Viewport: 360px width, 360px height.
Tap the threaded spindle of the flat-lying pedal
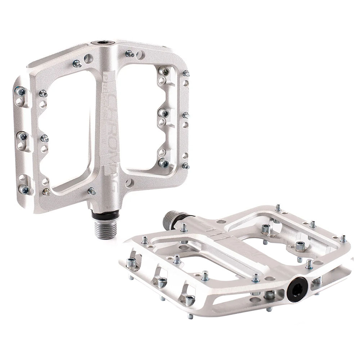click(170, 220)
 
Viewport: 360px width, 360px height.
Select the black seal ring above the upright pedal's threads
click(105, 216)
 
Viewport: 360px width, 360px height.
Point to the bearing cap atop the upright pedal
click(103, 42)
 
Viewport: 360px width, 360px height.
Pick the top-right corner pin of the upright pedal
click(186, 73)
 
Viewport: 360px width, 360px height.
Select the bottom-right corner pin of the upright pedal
click(185, 166)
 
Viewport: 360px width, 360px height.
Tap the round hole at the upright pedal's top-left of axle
click(88, 58)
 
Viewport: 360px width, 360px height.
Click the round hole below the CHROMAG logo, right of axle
click(129, 183)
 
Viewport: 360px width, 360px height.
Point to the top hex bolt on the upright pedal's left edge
click(21, 91)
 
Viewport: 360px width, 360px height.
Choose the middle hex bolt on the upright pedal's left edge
click(23, 136)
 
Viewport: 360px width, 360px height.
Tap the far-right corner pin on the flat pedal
click(343, 238)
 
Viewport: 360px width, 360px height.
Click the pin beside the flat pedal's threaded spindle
click(184, 228)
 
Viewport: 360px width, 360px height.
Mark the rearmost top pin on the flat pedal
click(278, 208)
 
